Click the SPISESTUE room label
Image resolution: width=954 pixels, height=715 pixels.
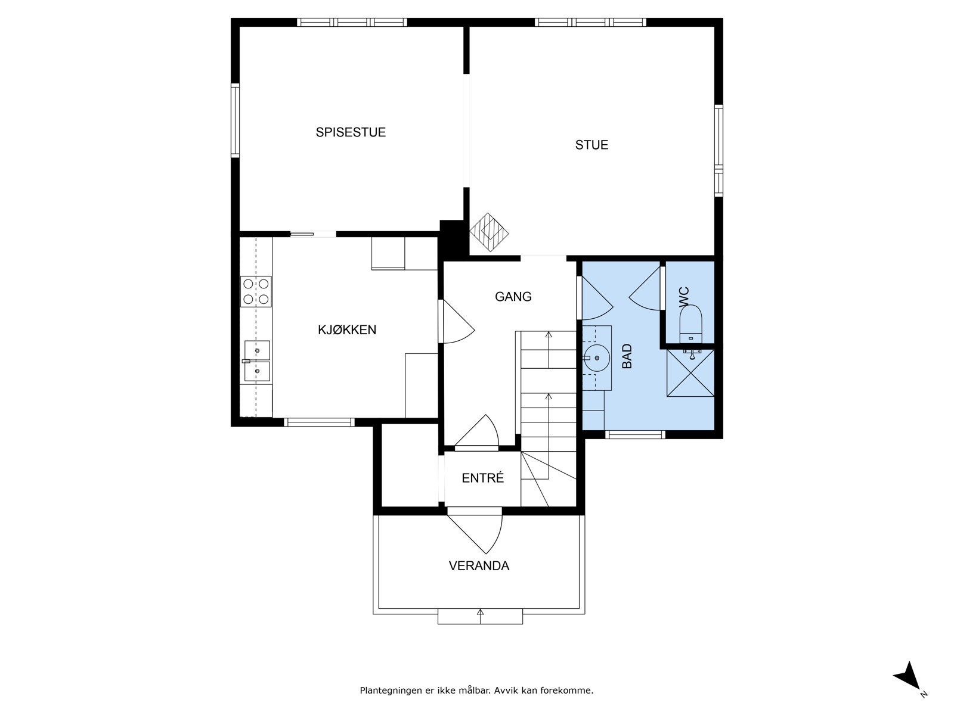(351, 132)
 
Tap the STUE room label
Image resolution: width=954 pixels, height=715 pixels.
(591, 145)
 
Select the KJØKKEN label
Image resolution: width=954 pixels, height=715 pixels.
(347, 330)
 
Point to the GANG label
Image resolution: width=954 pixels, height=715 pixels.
(513, 297)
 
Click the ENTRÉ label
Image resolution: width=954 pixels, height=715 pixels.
(482, 478)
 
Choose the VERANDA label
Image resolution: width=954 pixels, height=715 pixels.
(479, 565)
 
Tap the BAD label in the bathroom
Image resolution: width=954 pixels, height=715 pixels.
(627, 356)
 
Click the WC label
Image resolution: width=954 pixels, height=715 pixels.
(684, 297)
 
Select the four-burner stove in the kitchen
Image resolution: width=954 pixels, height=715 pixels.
(256, 291)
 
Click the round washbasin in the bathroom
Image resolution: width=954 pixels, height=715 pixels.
(596, 357)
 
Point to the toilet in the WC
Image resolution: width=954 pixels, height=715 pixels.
(690, 323)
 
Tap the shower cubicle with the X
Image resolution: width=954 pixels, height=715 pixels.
(690, 372)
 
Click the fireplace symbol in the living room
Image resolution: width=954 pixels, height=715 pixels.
(489, 232)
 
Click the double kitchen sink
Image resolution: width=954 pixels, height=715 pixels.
(257, 360)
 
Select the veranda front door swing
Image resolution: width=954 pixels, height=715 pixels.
(475, 533)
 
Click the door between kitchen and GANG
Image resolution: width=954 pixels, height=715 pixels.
(456, 321)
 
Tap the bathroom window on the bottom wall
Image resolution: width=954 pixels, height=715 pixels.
(635, 434)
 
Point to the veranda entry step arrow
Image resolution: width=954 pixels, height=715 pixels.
(480, 617)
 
